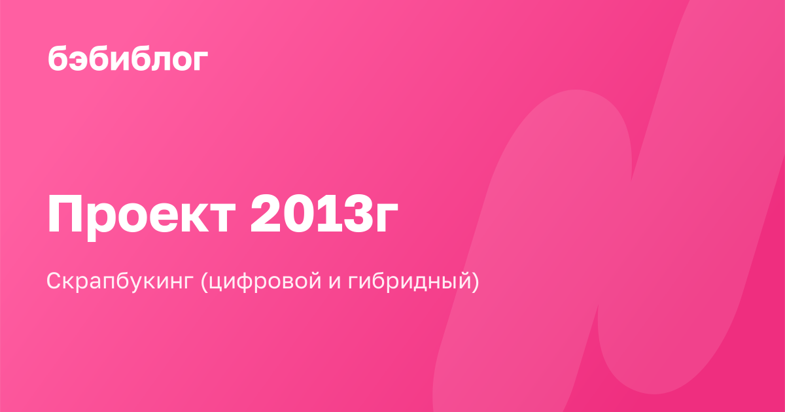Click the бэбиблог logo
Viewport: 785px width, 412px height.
click(x=128, y=59)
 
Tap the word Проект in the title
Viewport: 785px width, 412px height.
click(x=141, y=214)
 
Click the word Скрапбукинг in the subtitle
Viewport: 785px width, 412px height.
click(x=120, y=281)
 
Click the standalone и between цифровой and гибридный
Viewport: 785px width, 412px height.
click(x=335, y=283)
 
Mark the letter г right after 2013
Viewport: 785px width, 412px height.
click(x=387, y=218)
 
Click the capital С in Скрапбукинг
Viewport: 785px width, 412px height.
click(x=56, y=281)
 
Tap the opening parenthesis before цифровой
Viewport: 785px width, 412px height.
click(x=205, y=281)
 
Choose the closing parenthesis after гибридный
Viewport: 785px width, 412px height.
click(x=474, y=281)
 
